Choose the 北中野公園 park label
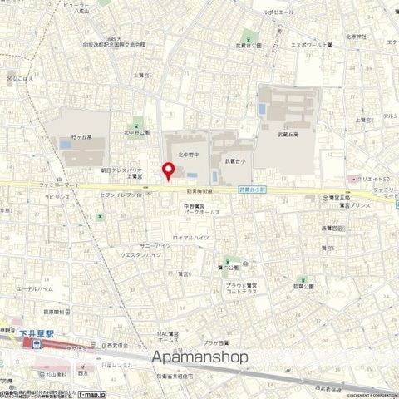pos(136,131)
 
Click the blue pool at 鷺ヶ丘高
pos(66,144)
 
